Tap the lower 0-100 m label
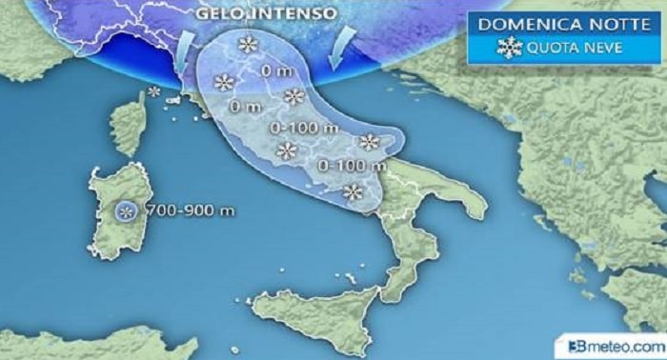[340, 165]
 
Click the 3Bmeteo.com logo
[616, 345]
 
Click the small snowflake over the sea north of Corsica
[153, 91]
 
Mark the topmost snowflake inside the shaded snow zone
[248, 43]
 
